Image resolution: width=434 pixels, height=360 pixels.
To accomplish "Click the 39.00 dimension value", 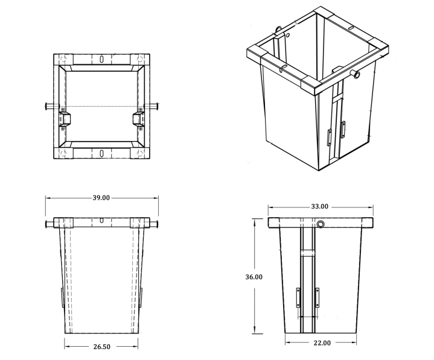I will (x=101, y=198).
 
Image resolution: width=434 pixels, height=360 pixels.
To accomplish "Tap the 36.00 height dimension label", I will (x=254, y=277).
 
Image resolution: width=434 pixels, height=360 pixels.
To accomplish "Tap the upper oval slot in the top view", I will (x=102, y=59).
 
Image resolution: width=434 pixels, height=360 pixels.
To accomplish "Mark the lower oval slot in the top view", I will (x=102, y=152).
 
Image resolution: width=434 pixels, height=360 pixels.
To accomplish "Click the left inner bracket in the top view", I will (x=64, y=118).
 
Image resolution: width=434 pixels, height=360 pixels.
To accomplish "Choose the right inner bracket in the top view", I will (x=139, y=118).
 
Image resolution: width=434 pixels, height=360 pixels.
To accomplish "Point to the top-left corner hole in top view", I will (x=63, y=60).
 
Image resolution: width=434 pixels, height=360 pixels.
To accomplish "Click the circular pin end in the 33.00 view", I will (x=320, y=224).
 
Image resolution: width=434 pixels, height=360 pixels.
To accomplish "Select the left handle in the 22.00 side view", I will (x=298, y=298).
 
